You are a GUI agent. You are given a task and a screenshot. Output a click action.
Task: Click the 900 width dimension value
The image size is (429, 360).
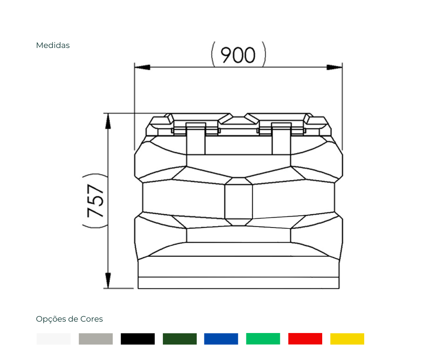click(238, 55)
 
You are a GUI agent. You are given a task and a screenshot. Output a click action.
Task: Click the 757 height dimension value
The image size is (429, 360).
click(95, 201)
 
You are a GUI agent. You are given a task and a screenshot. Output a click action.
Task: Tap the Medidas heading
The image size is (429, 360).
click(53, 45)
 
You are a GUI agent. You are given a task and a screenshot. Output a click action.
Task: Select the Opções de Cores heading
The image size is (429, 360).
click(69, 319)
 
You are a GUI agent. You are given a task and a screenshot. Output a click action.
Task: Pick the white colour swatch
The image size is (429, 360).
click(54, 339)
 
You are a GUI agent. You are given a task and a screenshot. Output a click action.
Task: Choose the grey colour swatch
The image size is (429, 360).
click(96, 339)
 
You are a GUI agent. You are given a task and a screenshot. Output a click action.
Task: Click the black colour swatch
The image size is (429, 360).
click(138, 339)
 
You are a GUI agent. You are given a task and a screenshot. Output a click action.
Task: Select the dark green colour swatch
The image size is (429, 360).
click(180, 339)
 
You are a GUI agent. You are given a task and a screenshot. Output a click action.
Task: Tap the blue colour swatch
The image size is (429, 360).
click(221, 339)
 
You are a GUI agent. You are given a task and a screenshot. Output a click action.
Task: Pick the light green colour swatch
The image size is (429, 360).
click(263, 339)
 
